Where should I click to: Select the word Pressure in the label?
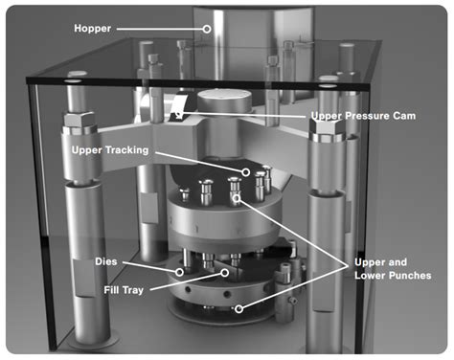click(375, 117)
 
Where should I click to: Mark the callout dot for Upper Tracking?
click(246, 172)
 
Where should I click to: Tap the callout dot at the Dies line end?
click(179, 271)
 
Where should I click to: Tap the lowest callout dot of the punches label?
click(239, 308)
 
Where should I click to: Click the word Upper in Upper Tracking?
click(92, 150)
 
